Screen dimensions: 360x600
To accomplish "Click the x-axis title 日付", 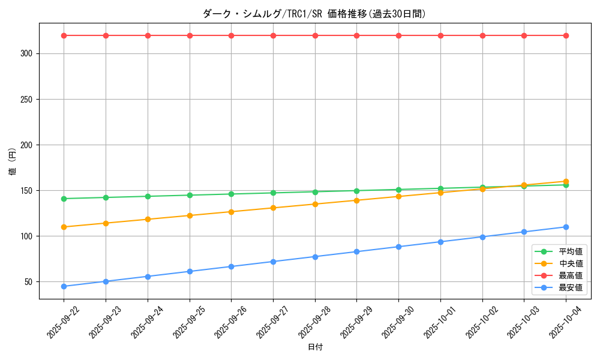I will (315, 347).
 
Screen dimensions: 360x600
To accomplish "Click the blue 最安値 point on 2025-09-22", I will (64, 286).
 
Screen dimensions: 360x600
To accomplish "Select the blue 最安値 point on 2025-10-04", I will (566, 227).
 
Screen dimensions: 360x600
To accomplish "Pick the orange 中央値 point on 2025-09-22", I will (64, 227).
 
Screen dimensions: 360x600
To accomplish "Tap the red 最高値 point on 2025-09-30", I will (398, 35).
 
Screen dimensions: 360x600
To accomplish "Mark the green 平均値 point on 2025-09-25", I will (190, 195).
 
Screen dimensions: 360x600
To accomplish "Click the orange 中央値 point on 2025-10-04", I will (566, 181).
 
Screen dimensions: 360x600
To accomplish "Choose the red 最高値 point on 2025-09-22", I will (64, 35).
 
